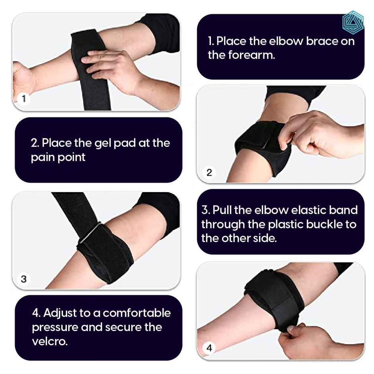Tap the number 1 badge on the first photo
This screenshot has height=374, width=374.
(24, 99)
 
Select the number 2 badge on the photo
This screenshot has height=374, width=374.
(210, 172)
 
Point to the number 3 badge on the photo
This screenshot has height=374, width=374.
(24, 279)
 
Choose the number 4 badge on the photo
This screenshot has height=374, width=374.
(210, 348)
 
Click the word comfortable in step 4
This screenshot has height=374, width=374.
(137, 313)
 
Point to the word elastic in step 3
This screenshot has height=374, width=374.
(307, 210)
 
